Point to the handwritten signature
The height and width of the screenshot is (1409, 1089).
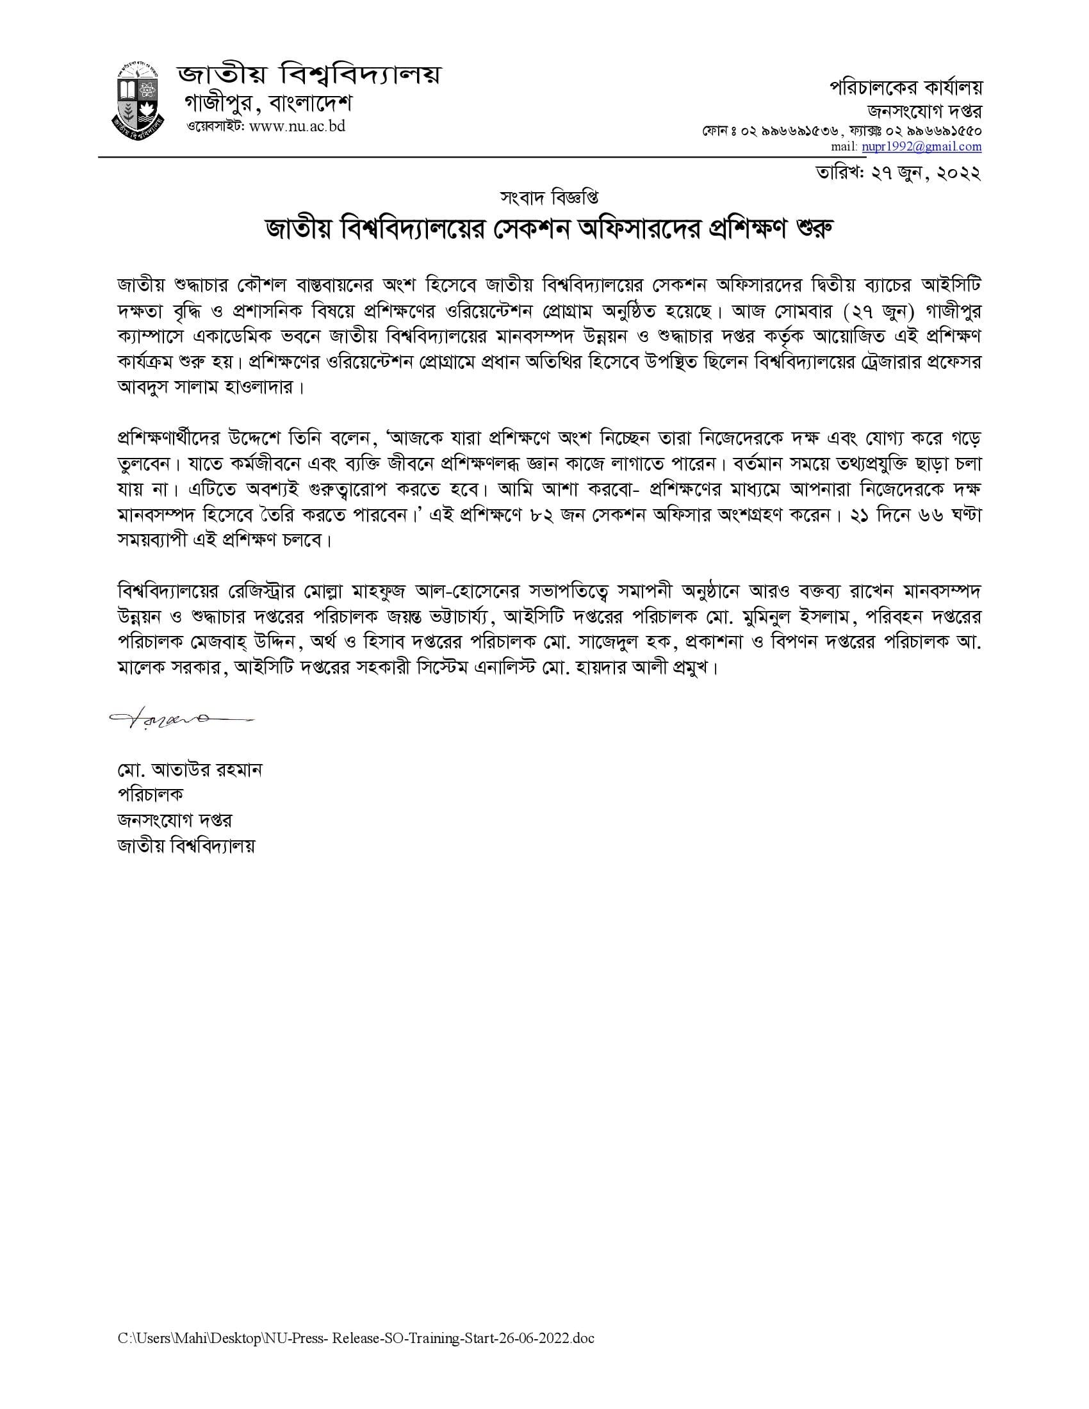click(x=181, y=718)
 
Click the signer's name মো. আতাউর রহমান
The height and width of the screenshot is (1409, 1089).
click(x=190, y=770)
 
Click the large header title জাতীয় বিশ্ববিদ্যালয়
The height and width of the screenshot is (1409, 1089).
click(x=309, y=76)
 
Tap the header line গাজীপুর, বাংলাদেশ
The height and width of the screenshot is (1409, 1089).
click(x=268, y=103)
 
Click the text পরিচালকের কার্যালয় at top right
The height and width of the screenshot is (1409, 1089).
click(x=905, y=88)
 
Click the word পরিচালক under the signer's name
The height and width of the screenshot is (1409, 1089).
click(x=150, y=795)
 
